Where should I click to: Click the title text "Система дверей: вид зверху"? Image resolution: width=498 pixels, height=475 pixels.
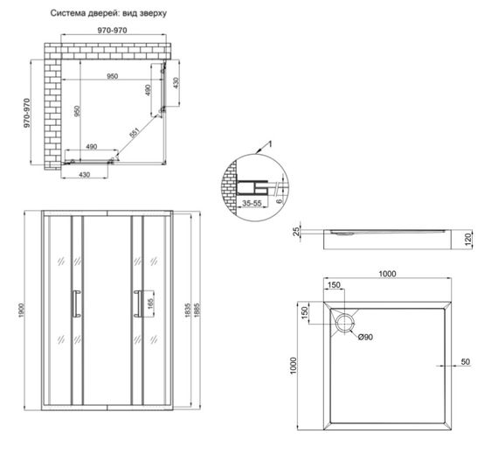coord(108,13)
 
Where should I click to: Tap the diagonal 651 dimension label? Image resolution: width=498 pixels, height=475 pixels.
coord(135,133)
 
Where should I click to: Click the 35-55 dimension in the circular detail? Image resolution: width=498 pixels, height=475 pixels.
coord(252,203)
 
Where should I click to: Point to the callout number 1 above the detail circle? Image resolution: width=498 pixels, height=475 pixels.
coord(270,144)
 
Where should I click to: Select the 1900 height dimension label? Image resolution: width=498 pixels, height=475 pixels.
coord(21,310)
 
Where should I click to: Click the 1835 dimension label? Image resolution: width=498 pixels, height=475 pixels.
coord(188,310)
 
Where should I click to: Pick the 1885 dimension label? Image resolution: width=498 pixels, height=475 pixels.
coord(197,310)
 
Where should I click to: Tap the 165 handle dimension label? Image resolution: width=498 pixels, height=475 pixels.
coord(150,304)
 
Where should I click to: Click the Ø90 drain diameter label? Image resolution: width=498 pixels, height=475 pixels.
coord(365,337)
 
